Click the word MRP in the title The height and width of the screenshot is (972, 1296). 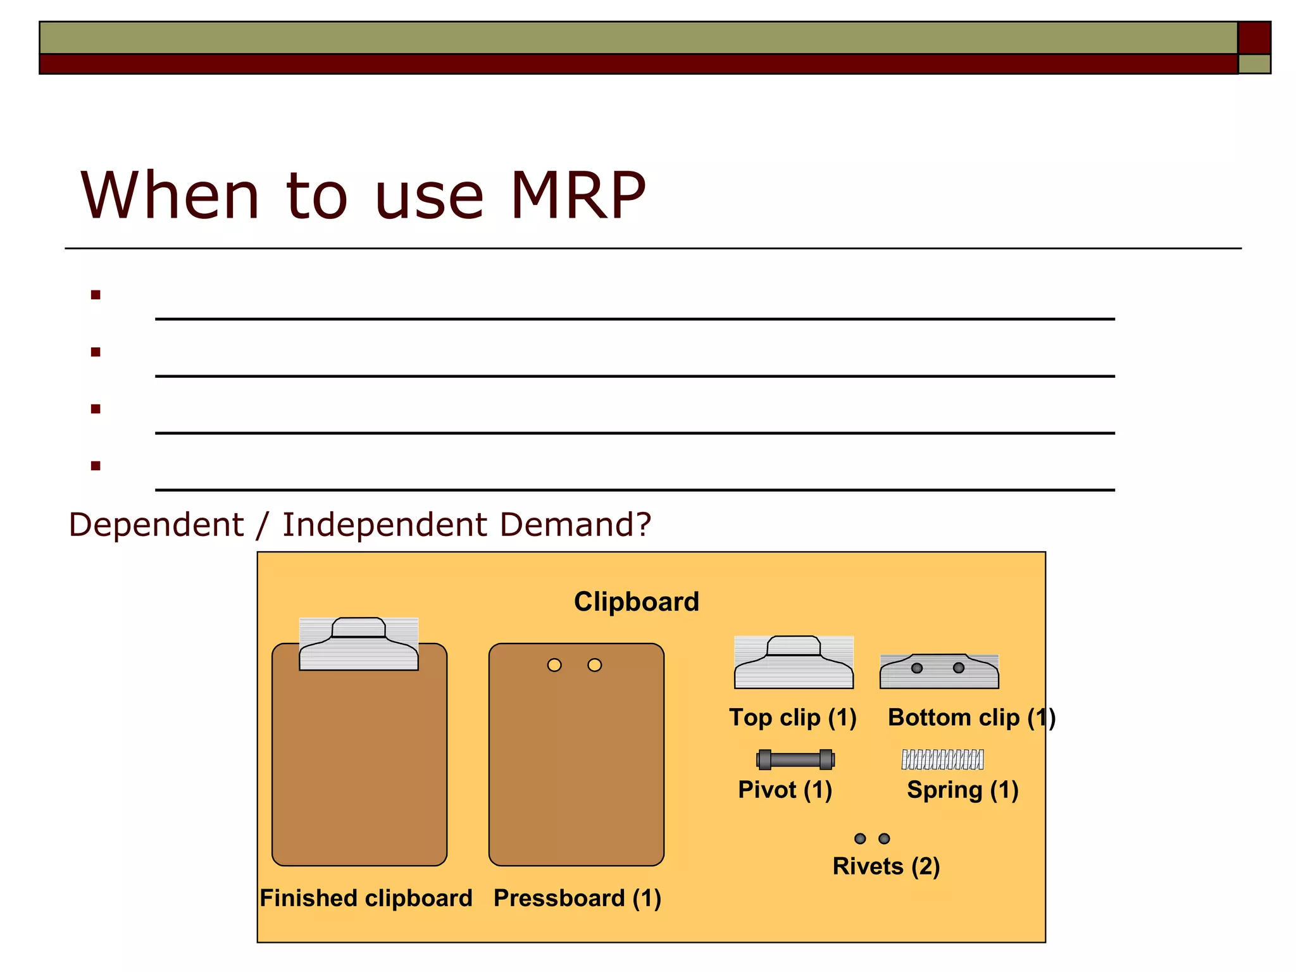(x=577, y=196)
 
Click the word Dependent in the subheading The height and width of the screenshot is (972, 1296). (x=156, y=525)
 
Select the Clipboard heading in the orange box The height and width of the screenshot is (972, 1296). (x=636, y=601)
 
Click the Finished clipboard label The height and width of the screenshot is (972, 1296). (x=366, y=898)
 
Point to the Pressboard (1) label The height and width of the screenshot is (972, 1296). (x=577, y=898)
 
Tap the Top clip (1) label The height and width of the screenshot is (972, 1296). (x=792, y=718)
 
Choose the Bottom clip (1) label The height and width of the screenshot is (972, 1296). (x=971, y=718)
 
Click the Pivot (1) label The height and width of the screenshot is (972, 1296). (x=785, y=790)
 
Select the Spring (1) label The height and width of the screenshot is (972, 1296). (x=962, y=790)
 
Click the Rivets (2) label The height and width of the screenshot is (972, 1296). (x=886, y=866)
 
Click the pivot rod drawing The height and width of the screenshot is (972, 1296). (x=795, y=759)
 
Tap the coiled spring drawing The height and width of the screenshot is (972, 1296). (x=942, y=759)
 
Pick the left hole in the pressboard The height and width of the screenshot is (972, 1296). (x=554, y=665)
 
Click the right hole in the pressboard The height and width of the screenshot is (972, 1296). (x=595, y=665)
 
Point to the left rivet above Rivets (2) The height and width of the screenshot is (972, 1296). (x=860, y=838)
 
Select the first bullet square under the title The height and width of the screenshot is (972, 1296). (x=96, y=295)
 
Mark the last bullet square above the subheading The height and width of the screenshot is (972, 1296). (x=96, y=466)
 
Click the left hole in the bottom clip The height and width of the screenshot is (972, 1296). (x=917, y=668)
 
